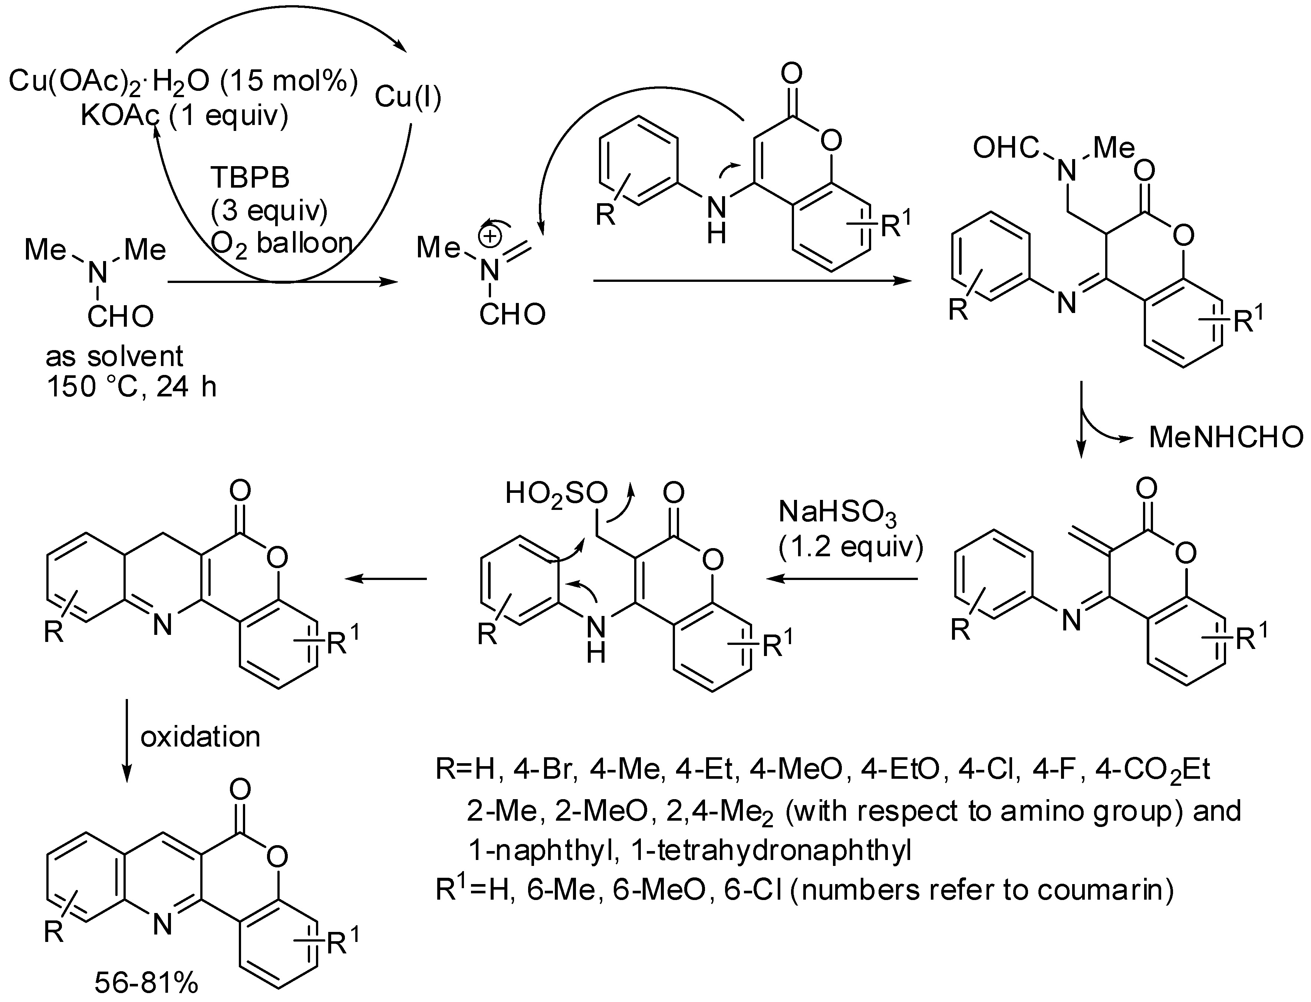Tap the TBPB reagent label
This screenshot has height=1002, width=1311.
(x=250, y=178)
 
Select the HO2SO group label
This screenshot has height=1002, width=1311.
(x=556, y=494)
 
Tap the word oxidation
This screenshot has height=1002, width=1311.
(x=200, y=737)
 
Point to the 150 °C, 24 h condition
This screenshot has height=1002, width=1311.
(x=131, y=387)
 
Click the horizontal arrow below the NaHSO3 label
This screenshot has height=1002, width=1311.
(x=841, y=579)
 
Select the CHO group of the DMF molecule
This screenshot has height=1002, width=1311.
(x=121, y=317)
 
